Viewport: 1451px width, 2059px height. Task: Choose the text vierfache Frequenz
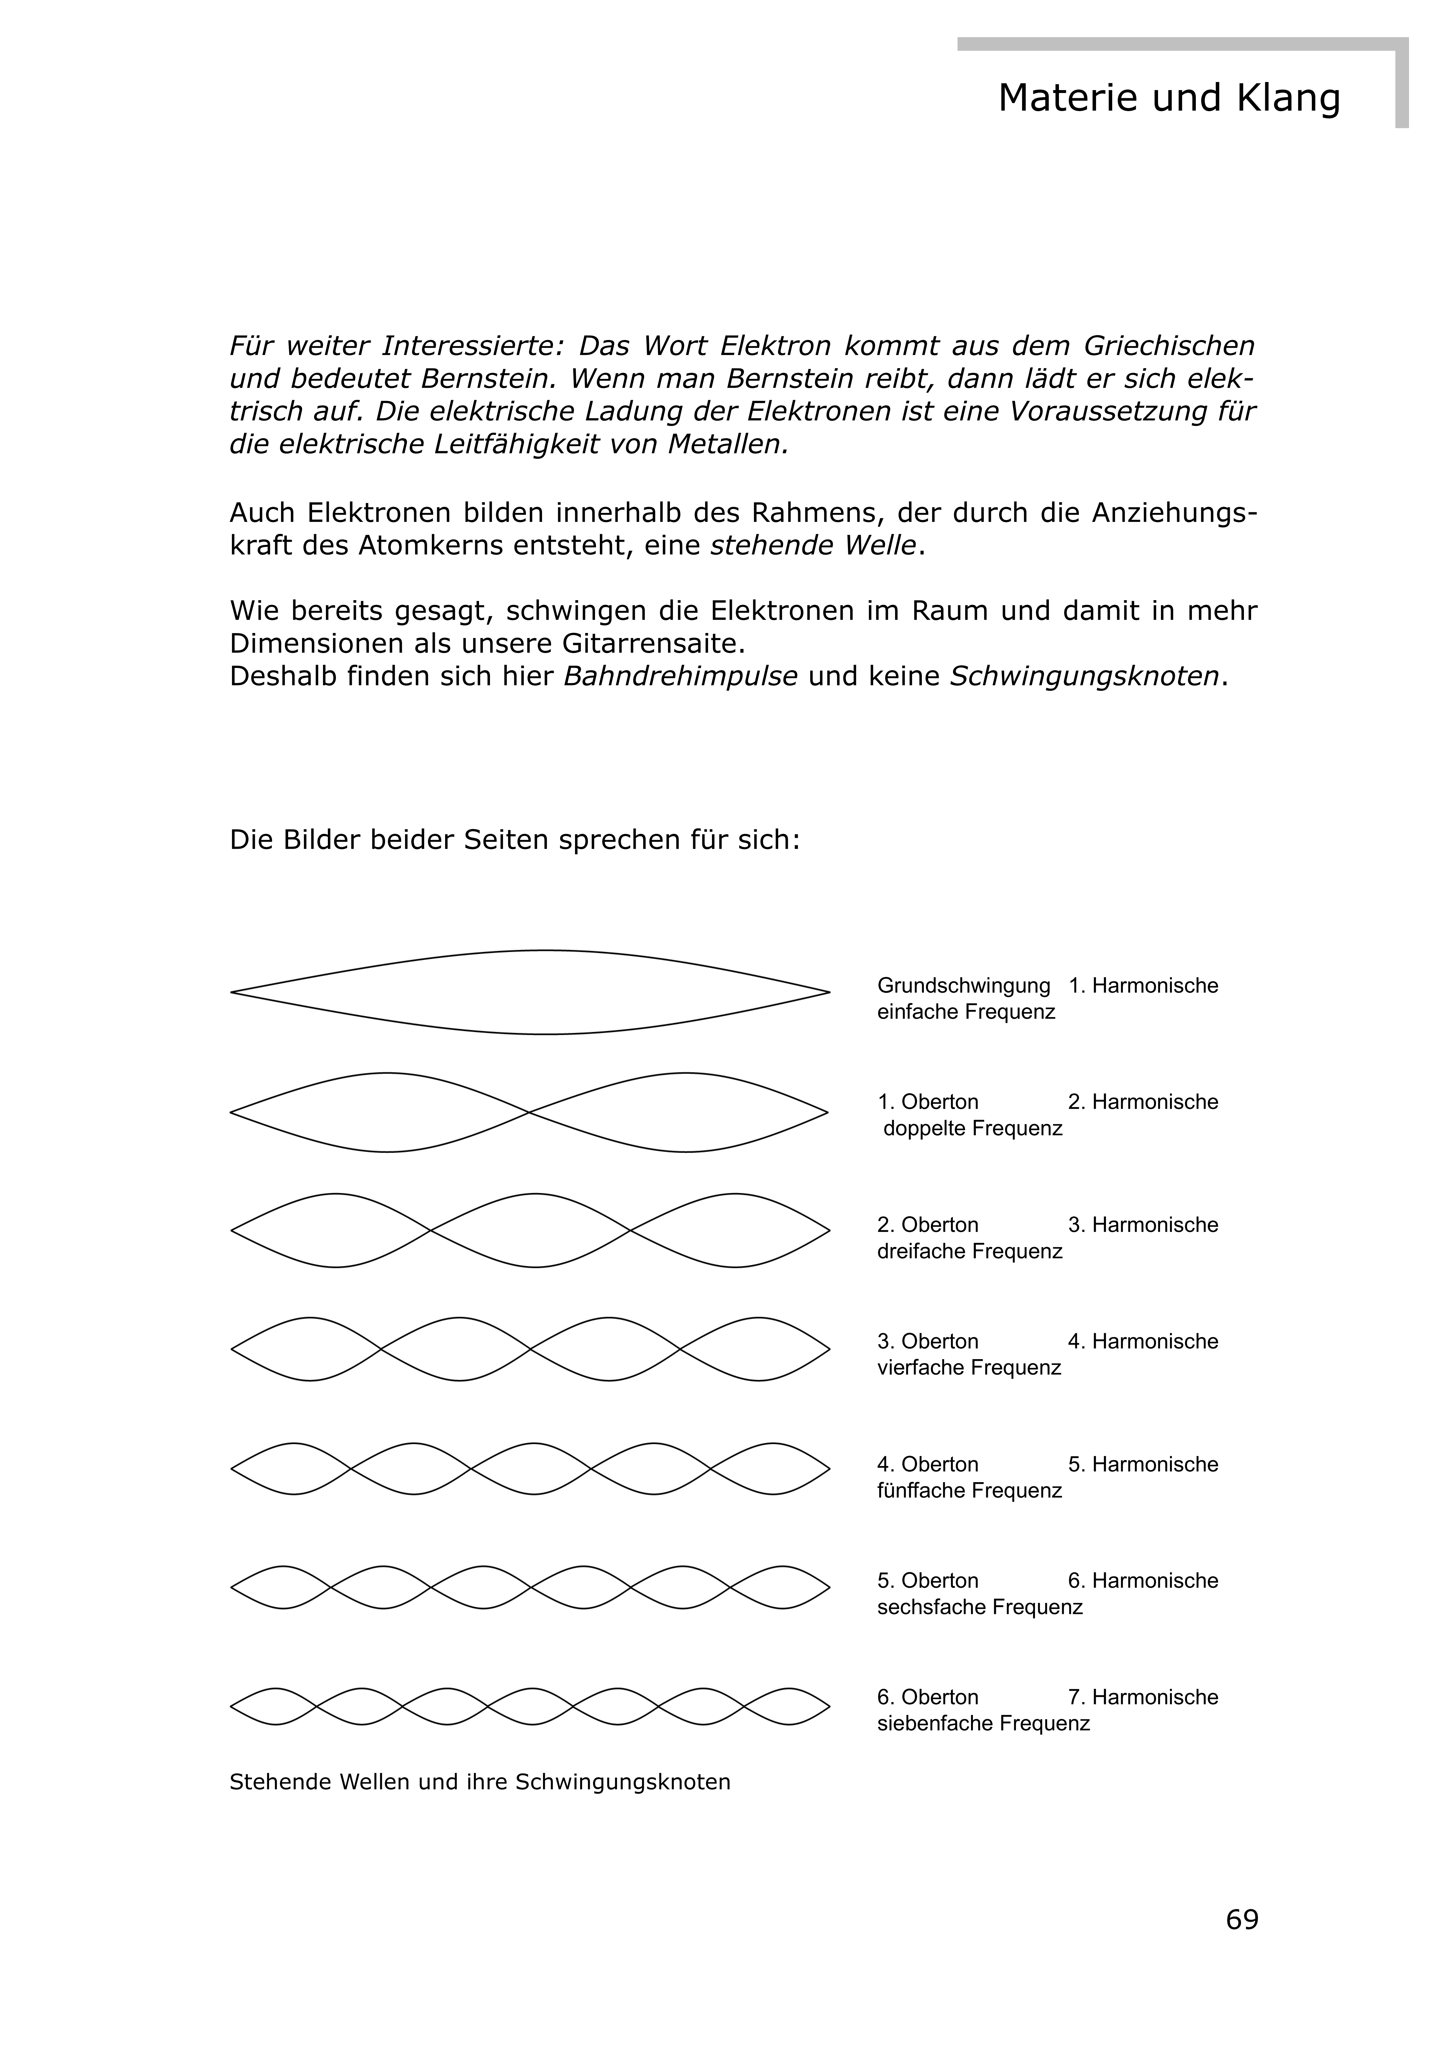coord(968,1367)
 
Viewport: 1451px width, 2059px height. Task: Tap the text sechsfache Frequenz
coord(979,1607)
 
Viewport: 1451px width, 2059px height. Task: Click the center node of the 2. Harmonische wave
coord(529,1113)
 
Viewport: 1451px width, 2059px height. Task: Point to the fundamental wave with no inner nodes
coord(529,993)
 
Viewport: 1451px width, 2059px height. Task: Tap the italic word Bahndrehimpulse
coord(680,676)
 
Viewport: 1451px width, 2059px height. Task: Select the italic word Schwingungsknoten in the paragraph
coord(1084,676)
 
